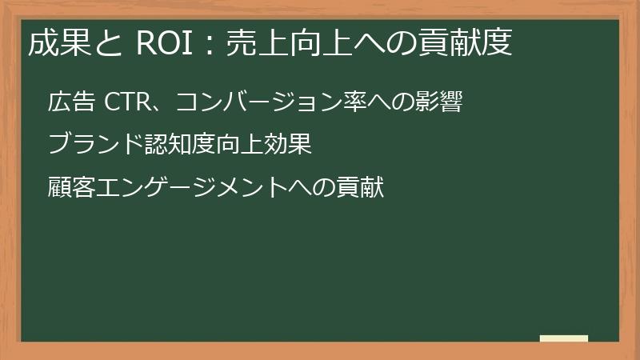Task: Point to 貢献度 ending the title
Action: pos(468,43)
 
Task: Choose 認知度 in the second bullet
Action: pos(183,145)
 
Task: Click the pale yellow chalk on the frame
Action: pos(564,339)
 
